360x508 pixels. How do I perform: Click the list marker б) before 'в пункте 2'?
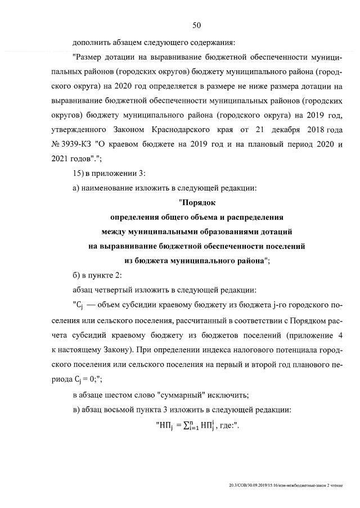(x=77, y=275)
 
